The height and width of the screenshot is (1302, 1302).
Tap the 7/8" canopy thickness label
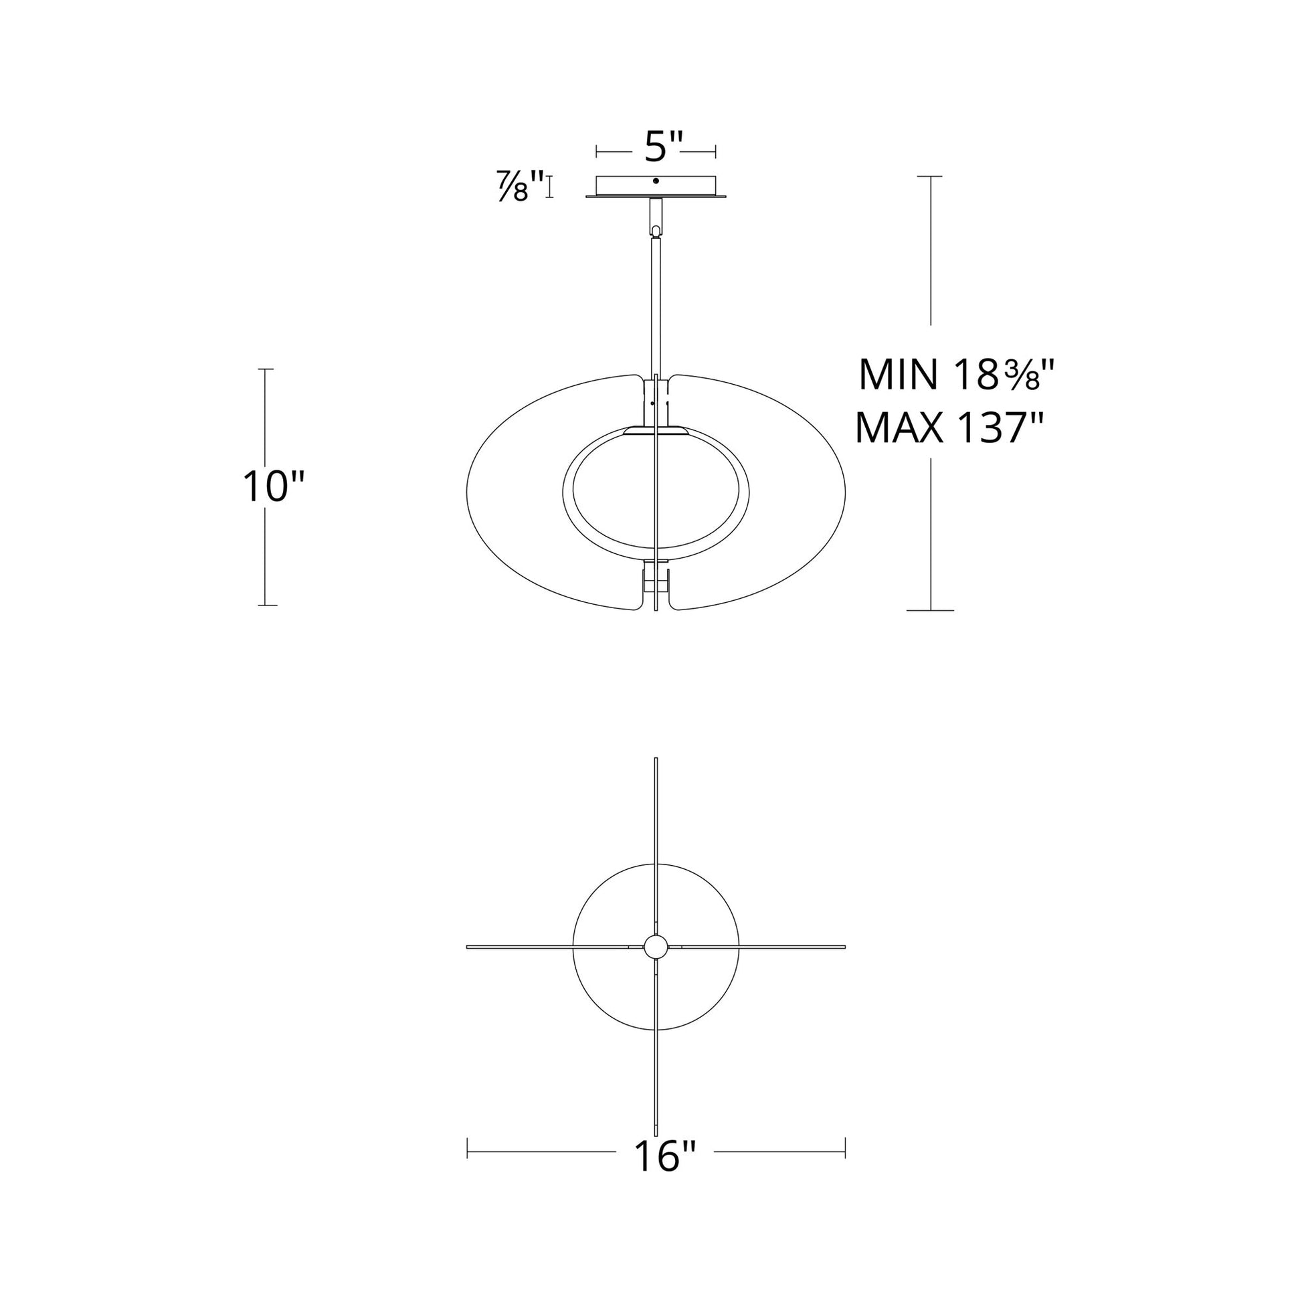(521, 186)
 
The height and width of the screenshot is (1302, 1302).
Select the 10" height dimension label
(274, 486)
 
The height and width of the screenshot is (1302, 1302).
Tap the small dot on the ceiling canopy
(656, 181)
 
